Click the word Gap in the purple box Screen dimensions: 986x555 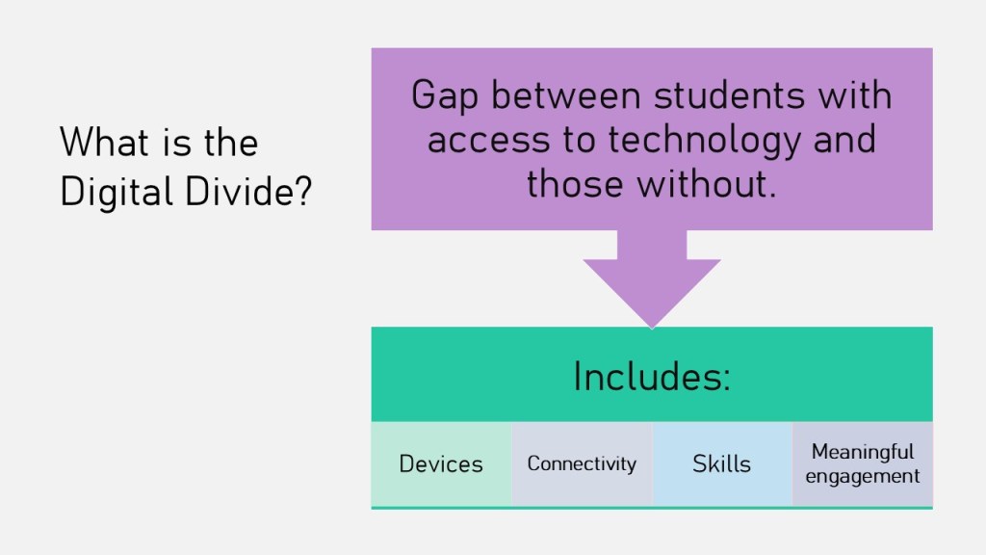tap(445, 96)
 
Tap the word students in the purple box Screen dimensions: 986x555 tap(730, 95)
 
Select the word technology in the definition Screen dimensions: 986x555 tap(704, 141)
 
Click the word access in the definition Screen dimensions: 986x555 tap(488, 141)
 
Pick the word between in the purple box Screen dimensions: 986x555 tap(566, 95)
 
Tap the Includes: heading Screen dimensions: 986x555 tap(652, 377)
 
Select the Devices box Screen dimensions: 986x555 tap(441, 463)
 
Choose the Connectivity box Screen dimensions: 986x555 tap(583, 463)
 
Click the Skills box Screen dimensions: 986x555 tap(722, 463)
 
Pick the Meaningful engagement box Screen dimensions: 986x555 tap(862, 463)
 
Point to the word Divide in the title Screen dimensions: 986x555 tap(239, 192)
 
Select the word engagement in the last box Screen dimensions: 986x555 tap(862, 477)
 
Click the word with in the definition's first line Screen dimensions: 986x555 tap(855, 95)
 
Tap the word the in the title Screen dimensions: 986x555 tap(231, 143)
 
